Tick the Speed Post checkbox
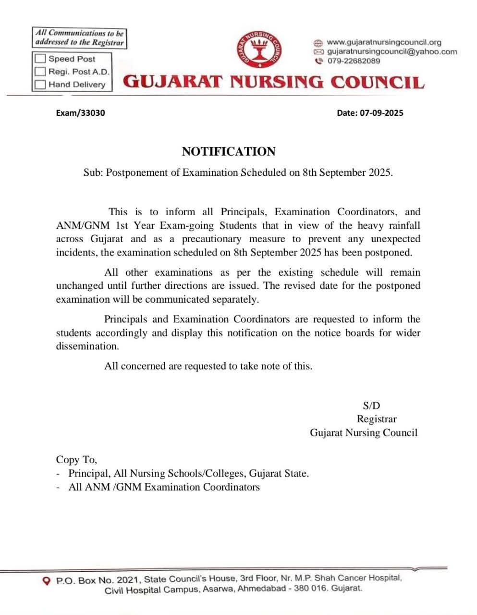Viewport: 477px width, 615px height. (x=41, y=59)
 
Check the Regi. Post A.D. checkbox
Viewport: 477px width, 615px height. (x=41, y=72)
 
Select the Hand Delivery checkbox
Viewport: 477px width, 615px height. (x=41, y=85)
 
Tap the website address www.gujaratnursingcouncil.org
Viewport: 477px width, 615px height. (x=383, y=42)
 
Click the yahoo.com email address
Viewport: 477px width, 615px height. (x=392, y=51)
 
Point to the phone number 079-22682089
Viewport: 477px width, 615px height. (x=354, y=61)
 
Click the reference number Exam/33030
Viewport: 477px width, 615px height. (x=80, y=113)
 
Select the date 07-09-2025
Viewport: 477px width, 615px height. (x=381, y=113)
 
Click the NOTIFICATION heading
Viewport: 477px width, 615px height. (x=229, y=152)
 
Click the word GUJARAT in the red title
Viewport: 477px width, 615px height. (x=173, y=82)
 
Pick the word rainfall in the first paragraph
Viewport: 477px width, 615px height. (x=402, y=225)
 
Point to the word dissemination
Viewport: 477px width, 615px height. (x=87, y=346)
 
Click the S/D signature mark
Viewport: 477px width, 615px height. (x=371, y=406)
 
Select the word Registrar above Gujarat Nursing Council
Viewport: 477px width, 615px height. (x=377, y=419)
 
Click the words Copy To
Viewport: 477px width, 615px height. (x=76, y=460)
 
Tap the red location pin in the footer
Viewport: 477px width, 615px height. (x=47, y=581)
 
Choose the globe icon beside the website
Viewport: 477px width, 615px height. (x=318, y=42)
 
